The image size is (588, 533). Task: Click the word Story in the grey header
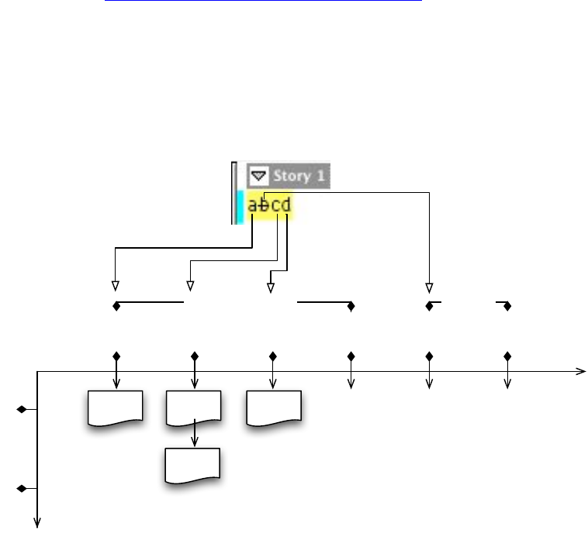click(291, 176)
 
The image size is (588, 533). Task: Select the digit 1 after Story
click(320, 176)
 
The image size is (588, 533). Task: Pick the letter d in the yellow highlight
click(287, 206)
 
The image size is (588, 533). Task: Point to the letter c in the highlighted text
click(275, 206)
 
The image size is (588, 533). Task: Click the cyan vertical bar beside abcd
click(240, 207)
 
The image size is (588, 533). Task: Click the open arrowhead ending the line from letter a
click(116, 284)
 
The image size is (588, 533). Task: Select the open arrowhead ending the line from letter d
click(271, 287)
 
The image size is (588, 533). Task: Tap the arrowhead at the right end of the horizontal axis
click(579, 372)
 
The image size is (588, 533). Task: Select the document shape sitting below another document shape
click(194, 465)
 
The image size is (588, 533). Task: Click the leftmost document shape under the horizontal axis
click(116, 408)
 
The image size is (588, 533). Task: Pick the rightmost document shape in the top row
click(273, 408)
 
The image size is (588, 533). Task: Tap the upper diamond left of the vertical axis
click(22, 408)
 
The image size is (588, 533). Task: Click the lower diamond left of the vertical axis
click(22, 489)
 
